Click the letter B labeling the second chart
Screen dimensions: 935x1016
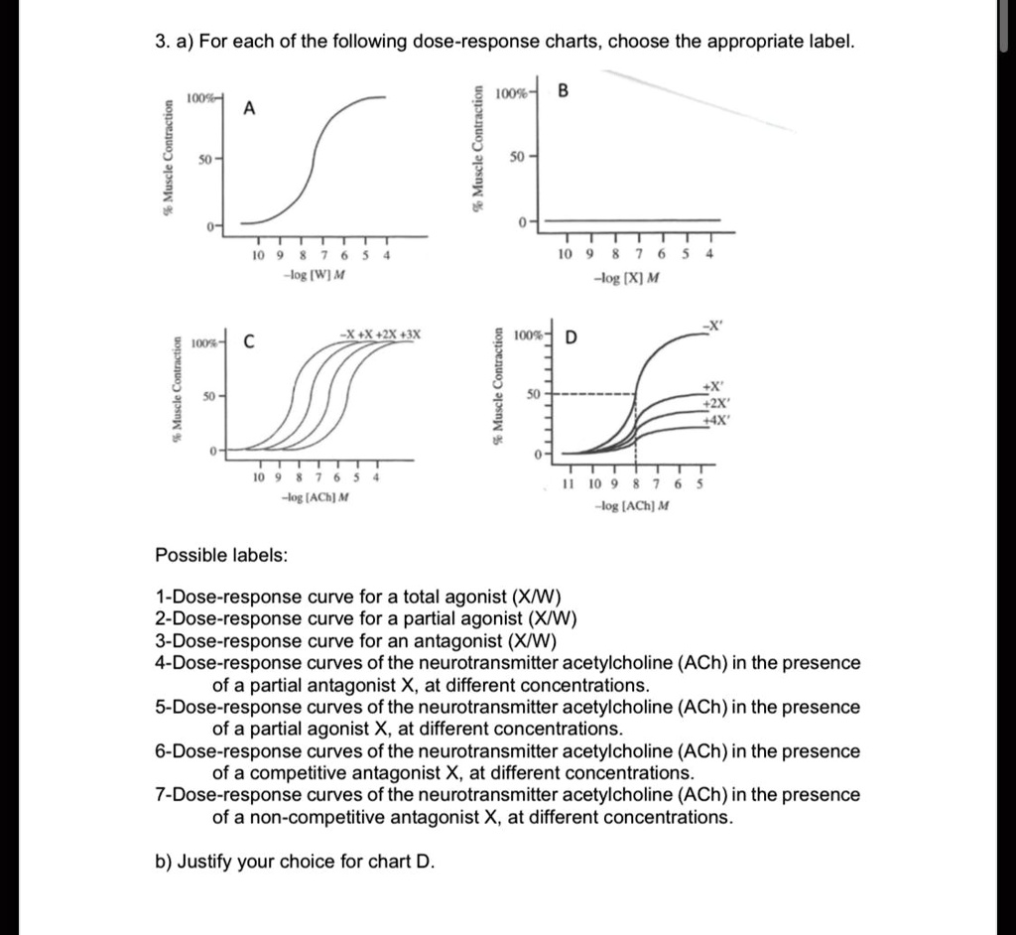pyautogui.click(x=564, y=93)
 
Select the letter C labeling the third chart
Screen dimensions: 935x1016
pyautogui.click(x=250, y=344)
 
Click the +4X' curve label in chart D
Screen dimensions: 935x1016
pyautogui.click(x=715, y=420)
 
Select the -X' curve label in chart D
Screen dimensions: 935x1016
pyautogui.click(x=710, y=324)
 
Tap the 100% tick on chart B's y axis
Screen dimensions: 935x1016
pyautogui.click(x=513, y=93)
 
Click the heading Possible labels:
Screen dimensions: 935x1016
pyautogui.click(x=221, y=555)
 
